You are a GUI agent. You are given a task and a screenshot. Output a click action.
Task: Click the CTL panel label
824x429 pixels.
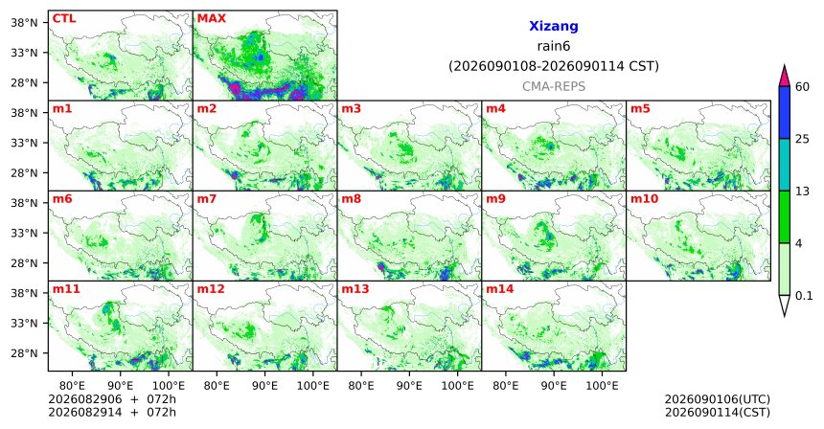(x=64, y=18)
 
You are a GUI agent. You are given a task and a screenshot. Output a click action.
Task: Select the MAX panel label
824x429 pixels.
(x=211, y=18)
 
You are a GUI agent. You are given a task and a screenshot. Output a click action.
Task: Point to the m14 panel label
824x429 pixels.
(x=500, y=289)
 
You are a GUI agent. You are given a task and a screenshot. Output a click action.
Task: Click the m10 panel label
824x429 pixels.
(x=644, y=199)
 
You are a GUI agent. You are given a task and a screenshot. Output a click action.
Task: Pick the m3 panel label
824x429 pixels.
(x=351, y=109)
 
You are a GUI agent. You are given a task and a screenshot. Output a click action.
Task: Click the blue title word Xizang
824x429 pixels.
(x=554, y=26)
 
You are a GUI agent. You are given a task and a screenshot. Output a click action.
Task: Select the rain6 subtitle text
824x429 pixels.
(x=554, y=46)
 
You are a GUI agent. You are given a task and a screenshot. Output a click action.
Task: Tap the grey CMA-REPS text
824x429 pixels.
(x=554, y=86)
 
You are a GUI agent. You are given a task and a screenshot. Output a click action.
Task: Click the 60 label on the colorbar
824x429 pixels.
(x=803, y=86)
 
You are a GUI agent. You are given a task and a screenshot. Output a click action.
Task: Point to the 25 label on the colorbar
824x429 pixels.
(x=803, y=139)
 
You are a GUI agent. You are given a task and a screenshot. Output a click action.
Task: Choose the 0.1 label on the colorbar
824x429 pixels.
(x=804, y=296)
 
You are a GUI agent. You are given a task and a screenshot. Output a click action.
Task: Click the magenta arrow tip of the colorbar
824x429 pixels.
(x=785, y=66)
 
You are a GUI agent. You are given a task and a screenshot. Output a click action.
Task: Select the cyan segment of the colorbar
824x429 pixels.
(x=785, y=165)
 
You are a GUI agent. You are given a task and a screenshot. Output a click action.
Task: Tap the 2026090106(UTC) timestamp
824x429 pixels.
(x=718, y=400)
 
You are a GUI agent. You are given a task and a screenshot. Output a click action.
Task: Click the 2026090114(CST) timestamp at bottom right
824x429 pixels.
(x=718, y=412)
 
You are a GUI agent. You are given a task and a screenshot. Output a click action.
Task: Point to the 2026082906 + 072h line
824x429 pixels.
(x=112, y=399)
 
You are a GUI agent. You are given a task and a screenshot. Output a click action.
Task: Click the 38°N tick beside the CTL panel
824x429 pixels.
(x=24, y=23)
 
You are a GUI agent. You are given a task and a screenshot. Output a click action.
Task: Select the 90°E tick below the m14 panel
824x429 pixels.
(x=554, y=386)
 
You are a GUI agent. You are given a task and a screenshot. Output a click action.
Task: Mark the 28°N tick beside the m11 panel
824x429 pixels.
(x=24, y=353)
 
